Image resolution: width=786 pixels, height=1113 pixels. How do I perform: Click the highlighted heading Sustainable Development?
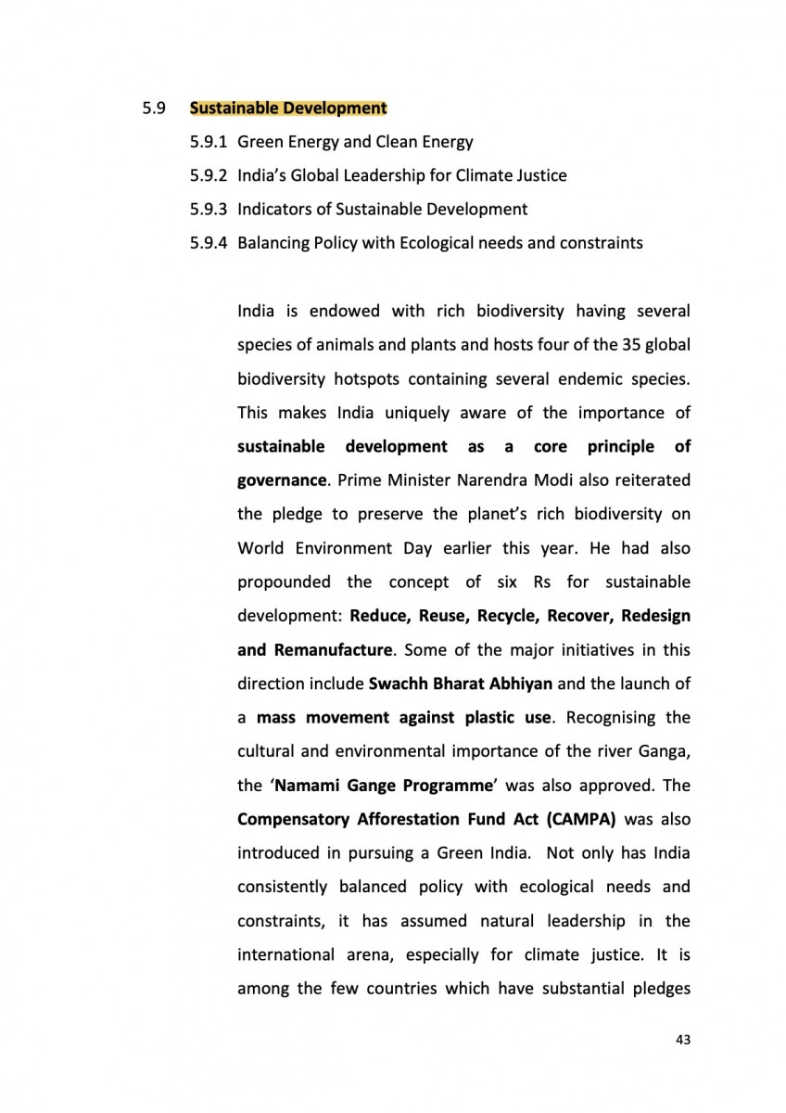pyautogui.click(x=287, y=109)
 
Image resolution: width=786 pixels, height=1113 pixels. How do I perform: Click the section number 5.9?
pyautogui.click(x=154, y=109)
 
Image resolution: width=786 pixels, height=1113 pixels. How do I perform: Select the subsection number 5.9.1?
pyautogui.click(x=209, y=142)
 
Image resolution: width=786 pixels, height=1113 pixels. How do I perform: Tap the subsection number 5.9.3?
pyautogui.click(x=209, y=209)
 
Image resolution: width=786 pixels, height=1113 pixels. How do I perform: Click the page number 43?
pyautogui.click(x=683, y=1041)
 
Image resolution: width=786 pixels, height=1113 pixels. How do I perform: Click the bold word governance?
pyautogui.click(x=282, y=480)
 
